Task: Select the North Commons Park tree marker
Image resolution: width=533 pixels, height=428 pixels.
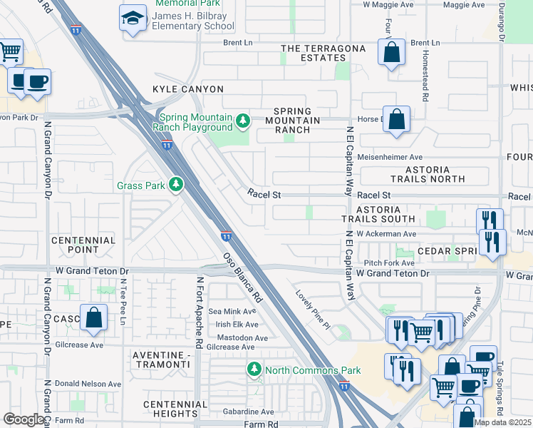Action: click(x=254, y=370)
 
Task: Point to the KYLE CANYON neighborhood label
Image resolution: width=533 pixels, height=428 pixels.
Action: click(x=188, y=89)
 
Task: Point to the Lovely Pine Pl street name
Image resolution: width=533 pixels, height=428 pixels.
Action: click(x=314, y=304)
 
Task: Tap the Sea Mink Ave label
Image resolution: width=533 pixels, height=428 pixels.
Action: click(x=232, y=312)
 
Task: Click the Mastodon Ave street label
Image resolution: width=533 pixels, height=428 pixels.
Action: click(x=242, y=337)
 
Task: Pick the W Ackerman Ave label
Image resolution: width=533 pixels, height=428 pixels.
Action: click(x=386, y=233)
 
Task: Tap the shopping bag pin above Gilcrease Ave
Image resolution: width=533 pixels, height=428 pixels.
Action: click(x=93, y=317)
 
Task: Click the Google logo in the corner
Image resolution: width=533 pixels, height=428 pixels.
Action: click(x=24, y=419)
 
